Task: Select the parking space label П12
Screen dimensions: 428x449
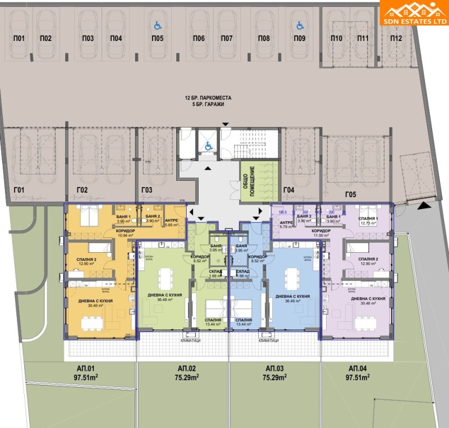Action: (397, 38)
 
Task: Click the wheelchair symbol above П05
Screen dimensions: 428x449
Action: (157, 25)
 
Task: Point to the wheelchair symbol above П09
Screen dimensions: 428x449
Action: (300, 25)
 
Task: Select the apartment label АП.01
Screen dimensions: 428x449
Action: (86, 368)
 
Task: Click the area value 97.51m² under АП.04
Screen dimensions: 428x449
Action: (357, 377)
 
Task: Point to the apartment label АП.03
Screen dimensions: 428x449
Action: (275, 368)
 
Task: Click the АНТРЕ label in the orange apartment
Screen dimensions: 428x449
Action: (172, 221)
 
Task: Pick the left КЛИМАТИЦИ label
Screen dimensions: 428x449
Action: (191, 341)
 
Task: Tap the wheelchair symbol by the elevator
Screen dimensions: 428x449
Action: (208, 146)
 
